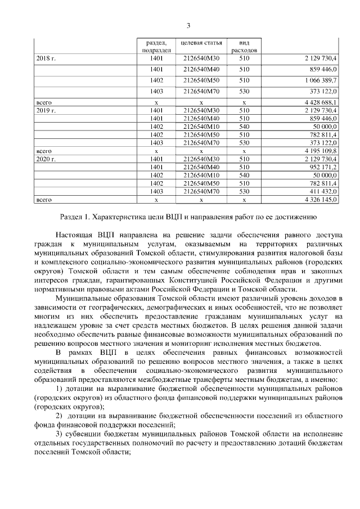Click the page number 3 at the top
[188, 25]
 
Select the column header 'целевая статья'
[201, 43]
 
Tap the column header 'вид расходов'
[244, 46]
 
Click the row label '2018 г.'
[46, 58]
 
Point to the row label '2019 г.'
[46, 111]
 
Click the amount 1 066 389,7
[321, 80]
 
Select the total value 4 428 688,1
[320, 103]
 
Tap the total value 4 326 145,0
[320, 200]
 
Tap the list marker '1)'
[61, 390]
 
